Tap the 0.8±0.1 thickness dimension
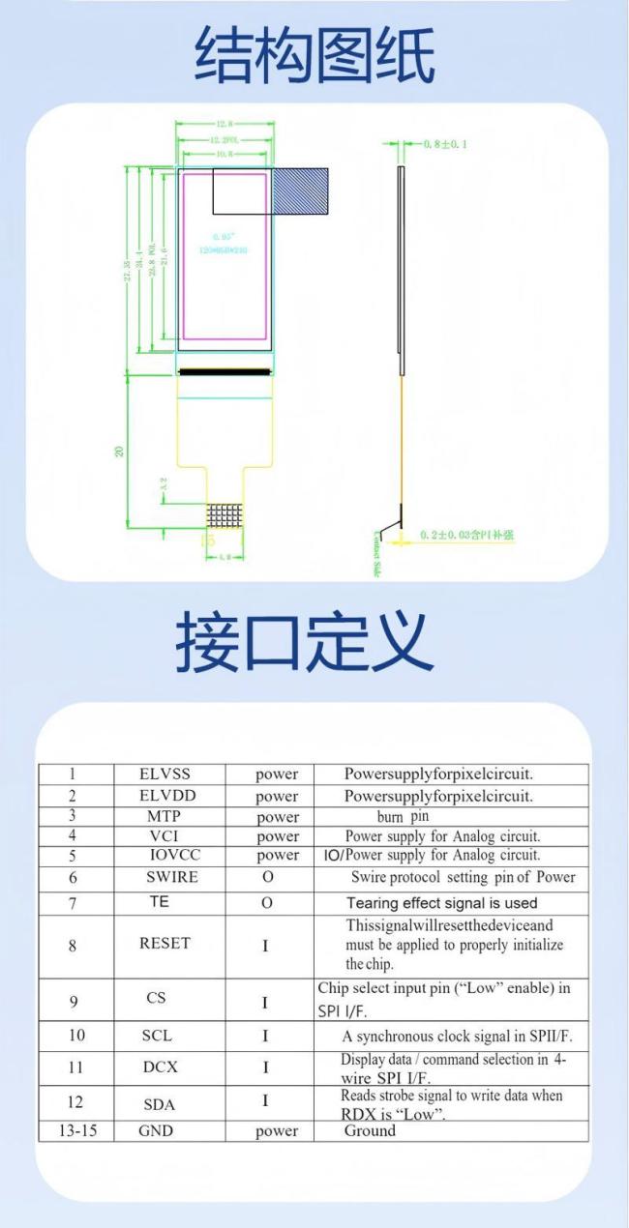tap(446, 144)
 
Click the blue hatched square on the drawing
tap(300, 190)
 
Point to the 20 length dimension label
tap(119, 450)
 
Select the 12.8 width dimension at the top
tap(225, 124)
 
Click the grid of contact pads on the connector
tap(224, 514)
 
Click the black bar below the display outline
tap(225, 370)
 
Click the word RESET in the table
tap(165, 943)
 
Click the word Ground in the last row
tap(370, 1130)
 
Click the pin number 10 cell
tap(75, 1035)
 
